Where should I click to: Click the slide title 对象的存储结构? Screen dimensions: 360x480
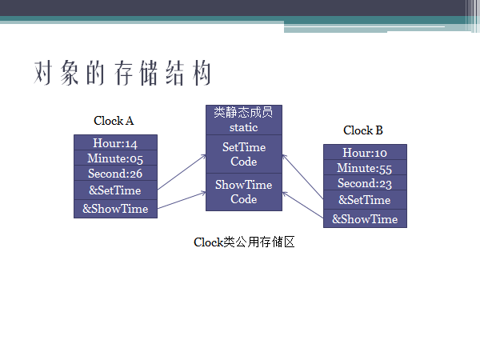[x=123, y=74]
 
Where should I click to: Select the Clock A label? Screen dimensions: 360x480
[x=114, y=121]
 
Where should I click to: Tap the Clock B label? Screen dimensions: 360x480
[x=363, y=130]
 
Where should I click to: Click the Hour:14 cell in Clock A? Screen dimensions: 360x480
[x=115, y=143]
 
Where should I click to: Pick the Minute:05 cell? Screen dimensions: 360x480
[x=115, y=158]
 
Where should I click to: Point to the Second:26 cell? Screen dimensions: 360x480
[x=115, y=174]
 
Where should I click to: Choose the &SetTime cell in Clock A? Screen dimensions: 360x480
[x=115, y=190]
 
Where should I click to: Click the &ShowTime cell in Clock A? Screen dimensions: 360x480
[x=115, y=209]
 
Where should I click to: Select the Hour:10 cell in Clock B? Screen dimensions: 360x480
[x=365, y=153]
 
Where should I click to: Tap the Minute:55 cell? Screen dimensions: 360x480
[x=365, y=168]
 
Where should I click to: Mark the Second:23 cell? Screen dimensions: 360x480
[x=365, y=183]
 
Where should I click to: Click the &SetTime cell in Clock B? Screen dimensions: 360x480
[x=365, y=200]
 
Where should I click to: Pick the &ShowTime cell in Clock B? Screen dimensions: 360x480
[x=365, y=218]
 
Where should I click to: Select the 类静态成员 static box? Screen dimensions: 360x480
[x=244, y=120]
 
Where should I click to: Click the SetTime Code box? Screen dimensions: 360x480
[x=244, y=154]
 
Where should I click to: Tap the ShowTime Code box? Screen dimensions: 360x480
[x=244, y=192]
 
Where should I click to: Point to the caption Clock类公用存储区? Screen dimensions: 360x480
[x=245, y=242]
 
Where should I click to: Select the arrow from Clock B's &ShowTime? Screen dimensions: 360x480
[x=303, y=205]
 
